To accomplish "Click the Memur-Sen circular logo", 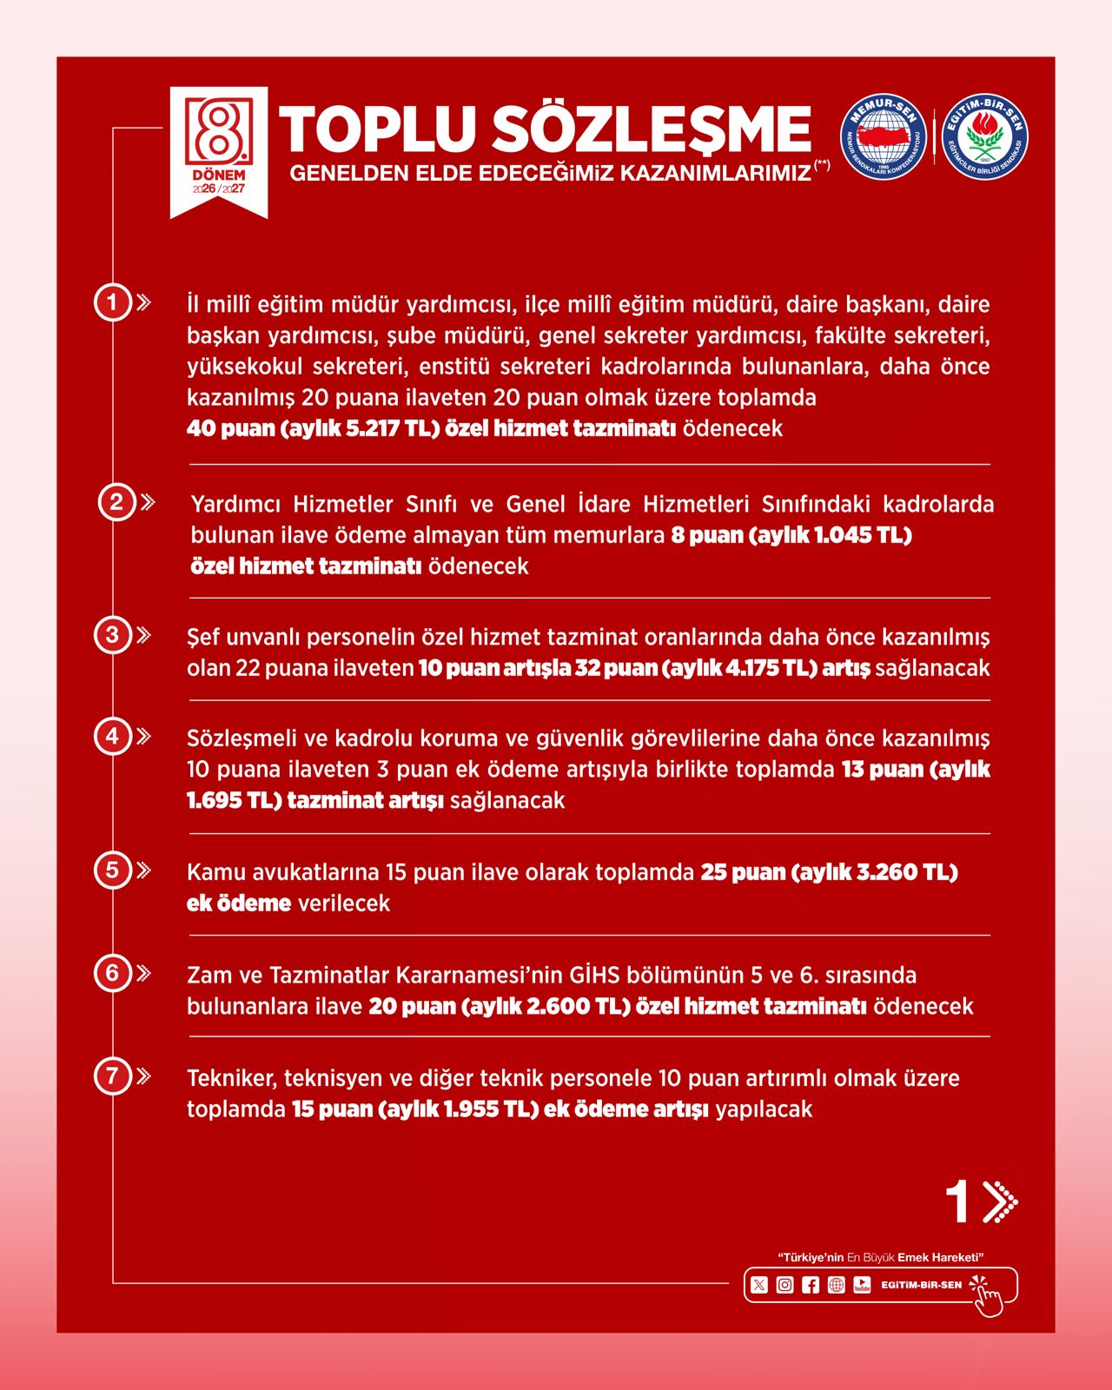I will (x=884, y=136).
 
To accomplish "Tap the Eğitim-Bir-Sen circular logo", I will (x=985, y=136).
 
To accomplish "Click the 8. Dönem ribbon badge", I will (x=218, y=149).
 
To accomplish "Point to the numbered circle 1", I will (x=112, y=302).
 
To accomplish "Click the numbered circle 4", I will (x=112, y=737).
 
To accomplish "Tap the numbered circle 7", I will (x=112, y=1076).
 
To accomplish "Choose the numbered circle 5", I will (x=112, y=870).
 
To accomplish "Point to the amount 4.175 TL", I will (x=768, y=668).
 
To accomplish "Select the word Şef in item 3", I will (x=202, y=637).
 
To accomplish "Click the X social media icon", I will (x=759, y=1285).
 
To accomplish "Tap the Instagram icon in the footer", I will (x=784, y=1285).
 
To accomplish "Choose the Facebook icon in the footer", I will (x=811, y=1285).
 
